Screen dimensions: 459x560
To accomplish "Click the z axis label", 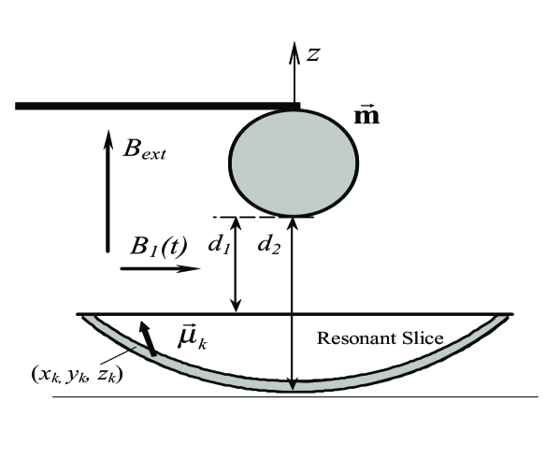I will (315, 55).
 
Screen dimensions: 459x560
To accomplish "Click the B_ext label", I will (144, 148).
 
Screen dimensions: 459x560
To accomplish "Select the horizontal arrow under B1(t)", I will (160, 269).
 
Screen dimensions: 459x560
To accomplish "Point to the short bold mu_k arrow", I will (144, 335).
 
